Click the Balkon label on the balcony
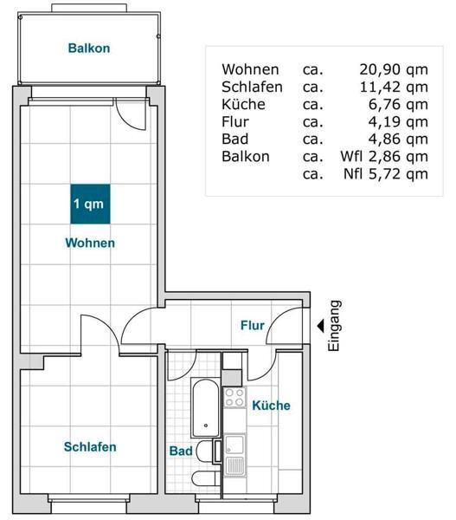coord(89,49)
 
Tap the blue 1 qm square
coord(89,205)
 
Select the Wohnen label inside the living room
coord(90,244)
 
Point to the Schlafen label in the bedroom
coord(90,447)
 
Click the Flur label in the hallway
coord(252,326)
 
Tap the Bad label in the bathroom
coord(181,452)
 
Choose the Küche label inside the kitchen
coord(271,405)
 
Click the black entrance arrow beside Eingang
coord(319,326)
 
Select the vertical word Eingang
coord(336,326)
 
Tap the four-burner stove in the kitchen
coord(234,398)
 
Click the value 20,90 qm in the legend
coord(393,69)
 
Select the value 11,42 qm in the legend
coord(393,87)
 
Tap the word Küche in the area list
coord(243,104)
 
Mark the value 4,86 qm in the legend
coord(397,139)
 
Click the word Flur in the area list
coord(235,121)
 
